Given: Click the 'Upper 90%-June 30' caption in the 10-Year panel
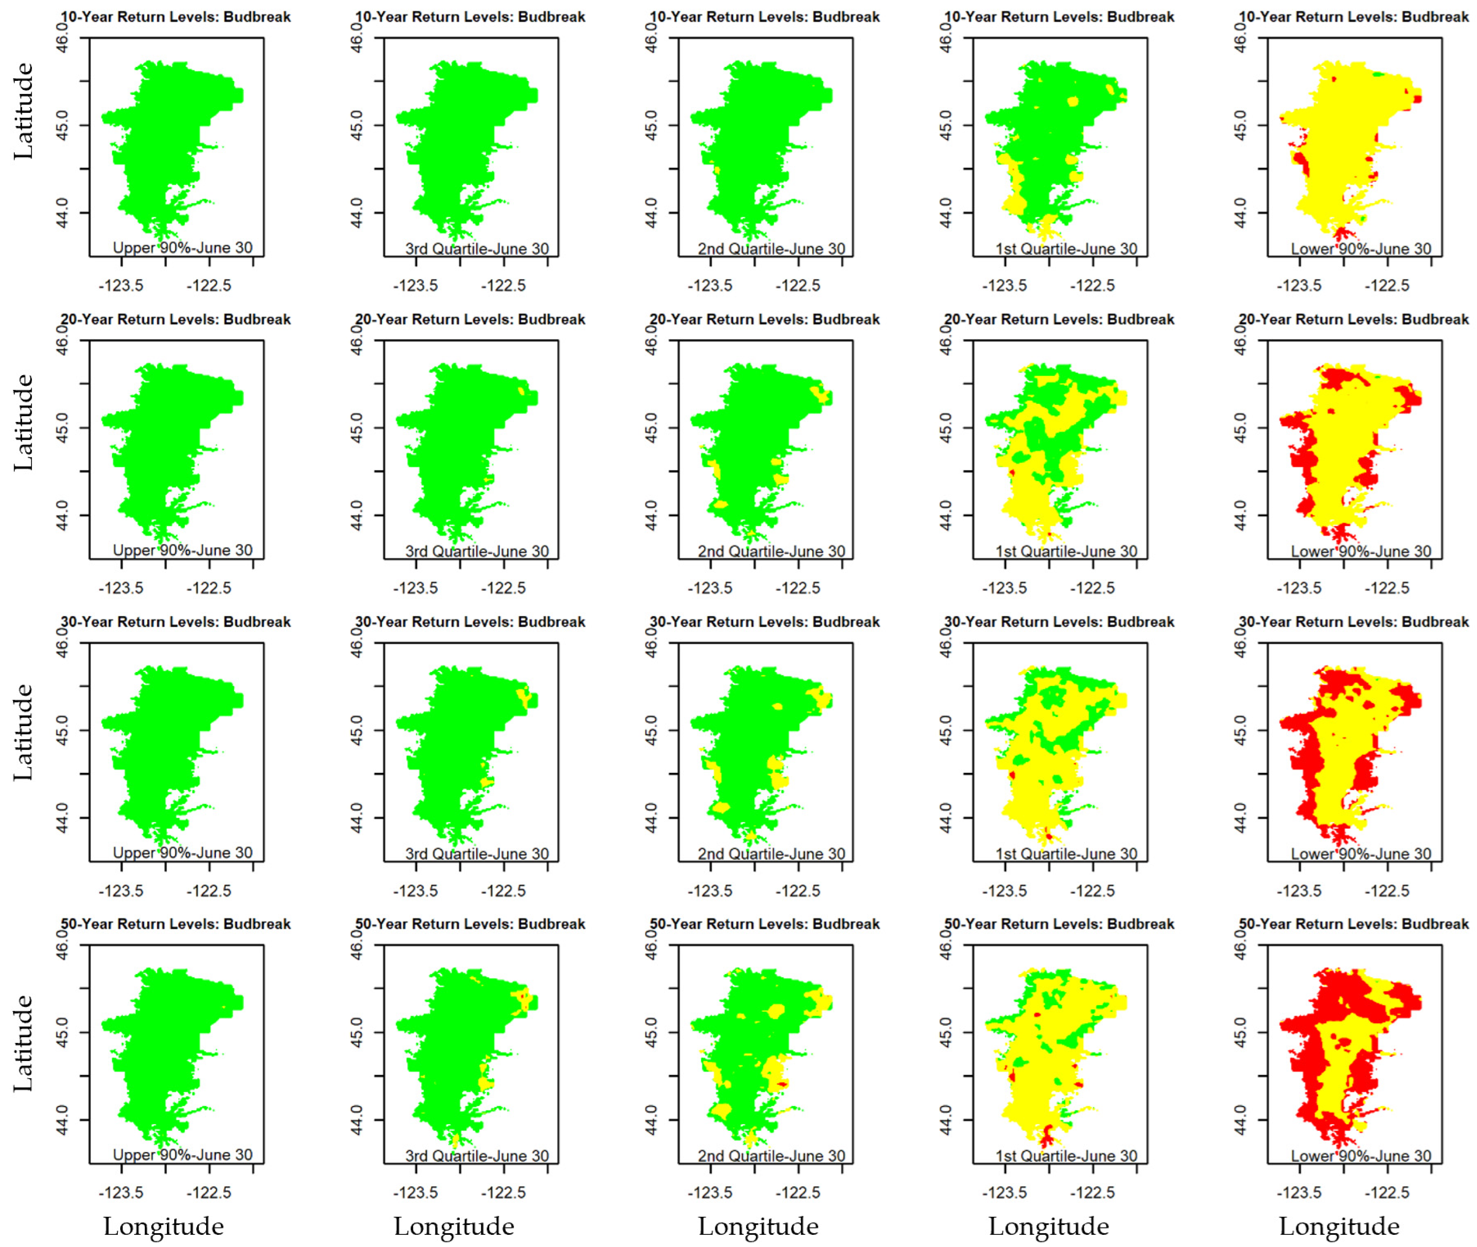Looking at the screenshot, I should (x=183, y=248).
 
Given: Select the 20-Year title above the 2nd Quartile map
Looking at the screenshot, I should (x=764, y=320).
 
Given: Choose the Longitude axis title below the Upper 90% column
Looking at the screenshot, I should (x=163, y=1227).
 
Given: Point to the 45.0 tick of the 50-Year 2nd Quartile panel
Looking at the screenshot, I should (x=651, y=1032).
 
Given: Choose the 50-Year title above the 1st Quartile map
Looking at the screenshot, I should (x=1059, y=924).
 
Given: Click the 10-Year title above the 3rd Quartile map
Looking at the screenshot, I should (x=470, y=17).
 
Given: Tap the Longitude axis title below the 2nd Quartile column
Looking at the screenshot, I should (x=758, y=1227).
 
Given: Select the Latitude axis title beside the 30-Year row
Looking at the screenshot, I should (x=23, y=732).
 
